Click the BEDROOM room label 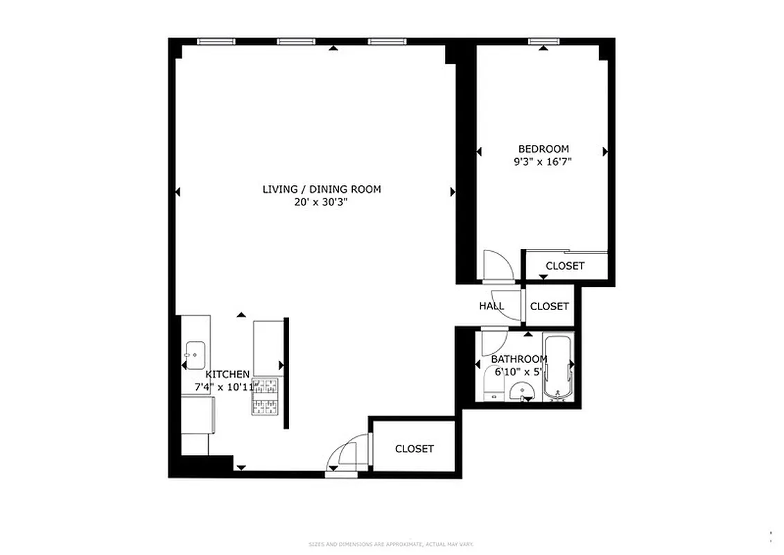(x=543, y=148)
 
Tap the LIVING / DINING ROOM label (x=321, y=189)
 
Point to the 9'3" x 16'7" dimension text (x=542, y=162)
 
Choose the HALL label (x=491, y=306)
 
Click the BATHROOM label (x=519, y=359)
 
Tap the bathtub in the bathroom (x=557, y=368)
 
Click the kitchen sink (x=195, y=355)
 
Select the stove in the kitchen (x=265, y=398)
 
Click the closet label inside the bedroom (x=564, y=266)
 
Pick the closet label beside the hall (x=549, y=306)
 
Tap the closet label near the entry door (x=414, y=449)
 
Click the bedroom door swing (x=498, y=265)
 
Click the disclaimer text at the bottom (x=391, y=545)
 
